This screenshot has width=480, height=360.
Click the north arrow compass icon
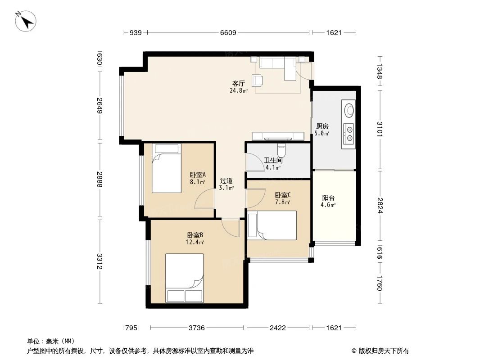[25, 22]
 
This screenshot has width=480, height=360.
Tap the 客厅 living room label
[238, 83]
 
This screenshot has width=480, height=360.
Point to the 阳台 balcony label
[328, 198]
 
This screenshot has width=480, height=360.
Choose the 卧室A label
[198, 175]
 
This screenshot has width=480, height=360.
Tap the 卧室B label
[195, 235]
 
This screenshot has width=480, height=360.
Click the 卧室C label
[282, 195]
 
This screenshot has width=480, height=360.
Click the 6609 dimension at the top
[228, 32]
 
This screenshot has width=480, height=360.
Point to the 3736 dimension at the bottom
[196, 328]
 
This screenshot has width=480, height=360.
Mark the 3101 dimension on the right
[380, 129]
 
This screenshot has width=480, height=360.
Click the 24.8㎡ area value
[238, 90]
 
